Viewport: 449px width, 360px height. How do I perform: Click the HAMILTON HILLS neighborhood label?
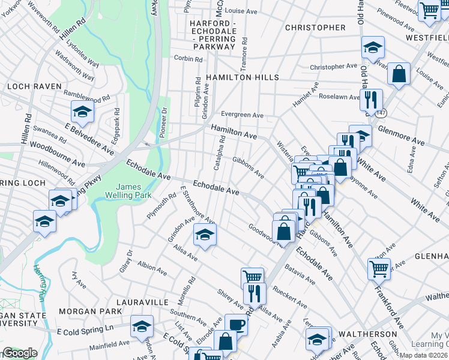pyautogui.click(x=242, y=77)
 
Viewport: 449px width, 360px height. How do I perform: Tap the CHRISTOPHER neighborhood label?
pyautogui.click(x=315, y=28)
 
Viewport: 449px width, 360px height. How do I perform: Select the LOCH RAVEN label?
pyautogui.click(x=35, y=86)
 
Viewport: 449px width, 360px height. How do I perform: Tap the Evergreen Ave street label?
pyautogui.click(x=242, y=115)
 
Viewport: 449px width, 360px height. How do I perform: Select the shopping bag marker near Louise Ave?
pyautogui.click(x=398, y=74)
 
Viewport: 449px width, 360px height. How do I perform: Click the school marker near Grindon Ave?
pyautogui.click(x=204, y=235)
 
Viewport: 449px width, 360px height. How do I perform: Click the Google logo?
pyautogui.click(x=20, y=353)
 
